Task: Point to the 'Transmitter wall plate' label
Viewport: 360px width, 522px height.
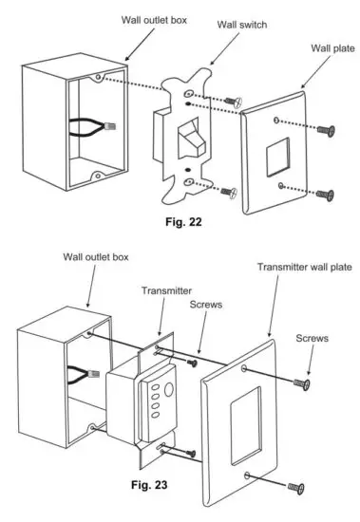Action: click(299, 268)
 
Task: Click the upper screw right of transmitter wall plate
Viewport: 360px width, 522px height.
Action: click(302, 382)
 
